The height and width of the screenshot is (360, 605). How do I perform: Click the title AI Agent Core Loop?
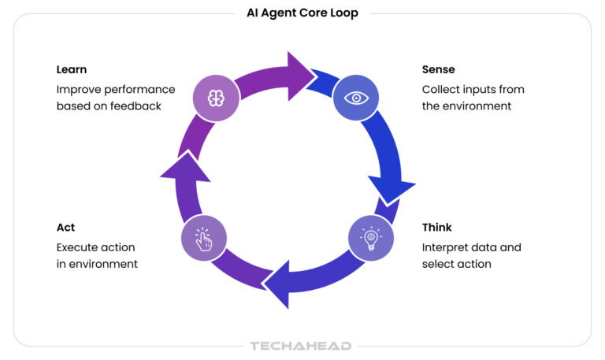click(302, 13)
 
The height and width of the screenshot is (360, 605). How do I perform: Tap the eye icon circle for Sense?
click(357, 98)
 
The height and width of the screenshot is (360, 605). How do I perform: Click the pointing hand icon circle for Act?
click(204, 237)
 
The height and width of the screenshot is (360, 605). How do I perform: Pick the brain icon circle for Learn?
click(216, 98)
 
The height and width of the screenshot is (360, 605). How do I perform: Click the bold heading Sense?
click(439, 69)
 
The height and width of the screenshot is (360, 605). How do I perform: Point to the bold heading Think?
click(437, 228)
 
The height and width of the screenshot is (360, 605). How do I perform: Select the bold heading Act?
click(65, 228)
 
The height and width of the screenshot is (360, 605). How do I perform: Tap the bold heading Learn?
click(72, 69)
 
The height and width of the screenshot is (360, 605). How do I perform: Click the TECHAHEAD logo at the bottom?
click(300, 346)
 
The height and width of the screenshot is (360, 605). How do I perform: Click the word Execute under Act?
click(79, 247)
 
